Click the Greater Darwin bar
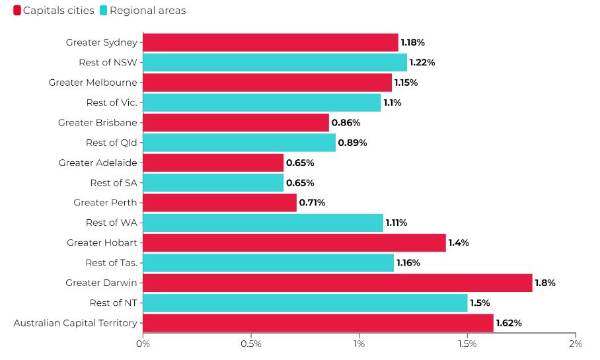(x=337, y=283)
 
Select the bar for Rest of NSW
(x=275, y=63)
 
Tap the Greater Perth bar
(x=219, y=203)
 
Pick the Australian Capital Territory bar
(x=318, y=323)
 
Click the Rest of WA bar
(x=263, y=223)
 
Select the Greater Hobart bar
(x=294, y=243)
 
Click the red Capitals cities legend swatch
(x=17, y=11)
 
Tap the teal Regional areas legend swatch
(x=104, y=11)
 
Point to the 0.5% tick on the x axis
(x=251, y=344)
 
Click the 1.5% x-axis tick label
(x=467, y=344)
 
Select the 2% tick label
(x=576, y=344)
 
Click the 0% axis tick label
(x=143, y=344)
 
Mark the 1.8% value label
(x=545, y=283)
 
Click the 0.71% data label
(x=312, y=203)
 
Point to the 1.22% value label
(x=422, y=63)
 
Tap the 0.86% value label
(x=344, y=123)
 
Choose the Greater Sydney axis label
(x=102, y=42)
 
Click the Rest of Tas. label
(x=111, y=263)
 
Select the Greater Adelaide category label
(x=98, y=162)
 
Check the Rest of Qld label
(x=112, y=143)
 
